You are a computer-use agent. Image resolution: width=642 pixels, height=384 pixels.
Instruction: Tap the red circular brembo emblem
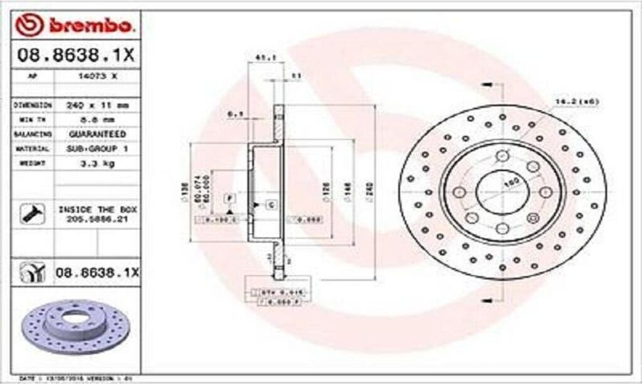(29, 25)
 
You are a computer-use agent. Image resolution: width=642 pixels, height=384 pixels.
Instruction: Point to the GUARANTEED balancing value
(97, 133)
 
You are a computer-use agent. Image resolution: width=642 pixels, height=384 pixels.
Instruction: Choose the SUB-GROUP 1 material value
(97, 148)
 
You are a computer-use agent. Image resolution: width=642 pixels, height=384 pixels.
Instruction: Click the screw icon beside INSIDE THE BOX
(30, 214)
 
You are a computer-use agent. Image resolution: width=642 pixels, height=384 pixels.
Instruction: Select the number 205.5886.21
(97, 218)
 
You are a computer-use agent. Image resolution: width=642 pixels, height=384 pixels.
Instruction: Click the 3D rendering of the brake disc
(75, 325)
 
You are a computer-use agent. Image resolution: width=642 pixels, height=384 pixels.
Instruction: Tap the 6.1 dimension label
(235, 113)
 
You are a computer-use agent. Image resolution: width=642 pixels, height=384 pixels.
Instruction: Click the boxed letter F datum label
(230, 198)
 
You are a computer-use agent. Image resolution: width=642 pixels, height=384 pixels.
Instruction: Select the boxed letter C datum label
(272, 204)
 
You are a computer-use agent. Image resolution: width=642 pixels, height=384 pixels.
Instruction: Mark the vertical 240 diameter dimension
(370, 185)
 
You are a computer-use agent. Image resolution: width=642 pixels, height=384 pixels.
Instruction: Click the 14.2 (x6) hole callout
(577, 101)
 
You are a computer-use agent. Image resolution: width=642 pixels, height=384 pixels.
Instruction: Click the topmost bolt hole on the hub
(502, 155)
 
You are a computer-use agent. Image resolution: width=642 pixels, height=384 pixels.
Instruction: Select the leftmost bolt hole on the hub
(459, 192)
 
